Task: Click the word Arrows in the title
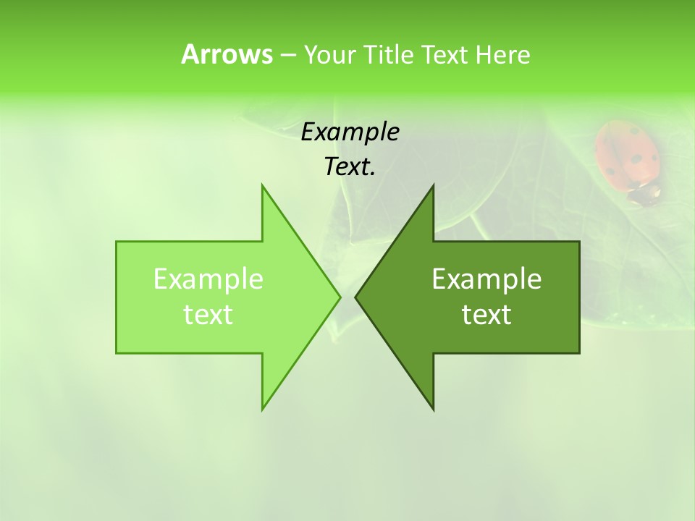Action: point(226,54)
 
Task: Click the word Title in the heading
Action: point(387,54)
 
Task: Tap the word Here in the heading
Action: point(503,54)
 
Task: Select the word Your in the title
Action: point(329,54)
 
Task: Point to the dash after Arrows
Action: point(287,55)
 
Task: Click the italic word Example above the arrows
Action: point(350,132)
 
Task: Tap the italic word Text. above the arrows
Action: point(350,166)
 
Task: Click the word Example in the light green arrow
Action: point(208,279)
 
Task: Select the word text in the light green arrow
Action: point(208,315)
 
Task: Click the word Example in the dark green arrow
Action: point(486,279)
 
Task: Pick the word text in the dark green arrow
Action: point(486,315)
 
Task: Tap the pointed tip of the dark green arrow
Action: point(356,297)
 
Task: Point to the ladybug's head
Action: point(646,193)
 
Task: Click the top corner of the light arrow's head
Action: point(263,186)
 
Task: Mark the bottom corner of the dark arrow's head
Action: point(433,409)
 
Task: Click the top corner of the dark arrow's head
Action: point(433,186)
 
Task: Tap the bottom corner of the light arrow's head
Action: point(263,409)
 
